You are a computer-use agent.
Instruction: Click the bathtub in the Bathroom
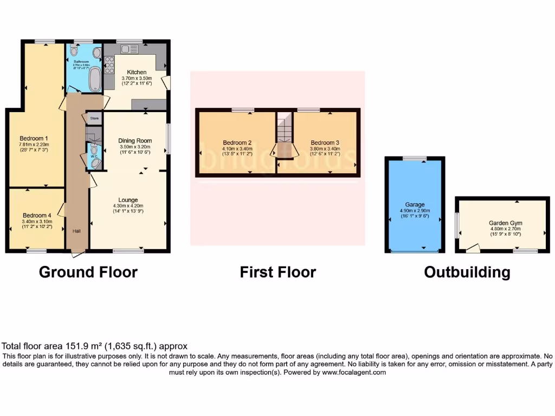94,79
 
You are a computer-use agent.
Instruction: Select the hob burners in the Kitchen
108,66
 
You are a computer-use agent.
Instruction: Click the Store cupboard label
94,118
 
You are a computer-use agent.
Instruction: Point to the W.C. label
93,157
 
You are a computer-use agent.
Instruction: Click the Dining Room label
135,141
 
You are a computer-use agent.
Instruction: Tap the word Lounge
128,200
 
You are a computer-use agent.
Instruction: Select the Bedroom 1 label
34,138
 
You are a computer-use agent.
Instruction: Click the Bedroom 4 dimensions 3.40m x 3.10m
37,221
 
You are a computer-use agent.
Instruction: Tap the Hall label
77,231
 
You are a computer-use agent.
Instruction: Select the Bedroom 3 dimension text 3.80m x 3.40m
324,149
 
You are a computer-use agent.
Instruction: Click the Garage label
415,205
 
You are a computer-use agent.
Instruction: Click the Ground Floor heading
88,272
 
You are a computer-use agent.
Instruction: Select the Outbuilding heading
467,272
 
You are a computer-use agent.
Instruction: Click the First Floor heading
277,272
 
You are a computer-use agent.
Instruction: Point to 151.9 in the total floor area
68,346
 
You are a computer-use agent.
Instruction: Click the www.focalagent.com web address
354,373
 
